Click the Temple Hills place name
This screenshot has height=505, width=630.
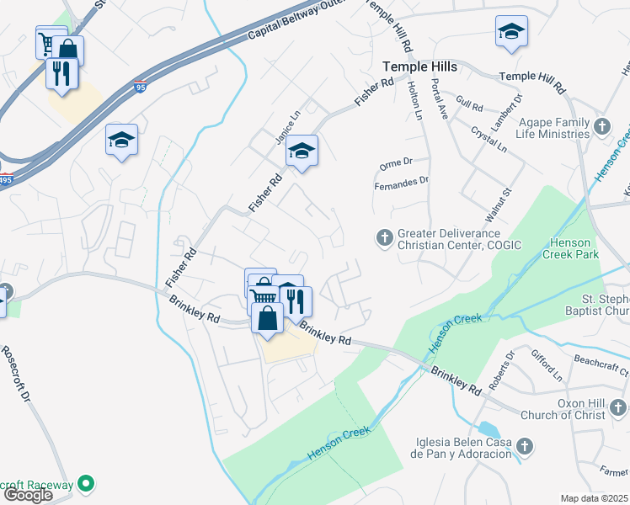[419, 66]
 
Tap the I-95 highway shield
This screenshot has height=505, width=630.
[140, 86]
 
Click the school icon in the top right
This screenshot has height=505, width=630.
[510, 32]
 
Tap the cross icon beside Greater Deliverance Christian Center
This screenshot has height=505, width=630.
[384, 238]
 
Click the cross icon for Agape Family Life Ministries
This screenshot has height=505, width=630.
[601, 127]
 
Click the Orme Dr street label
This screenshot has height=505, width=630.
[394, 162]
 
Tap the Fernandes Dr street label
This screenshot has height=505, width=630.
[401, 179]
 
